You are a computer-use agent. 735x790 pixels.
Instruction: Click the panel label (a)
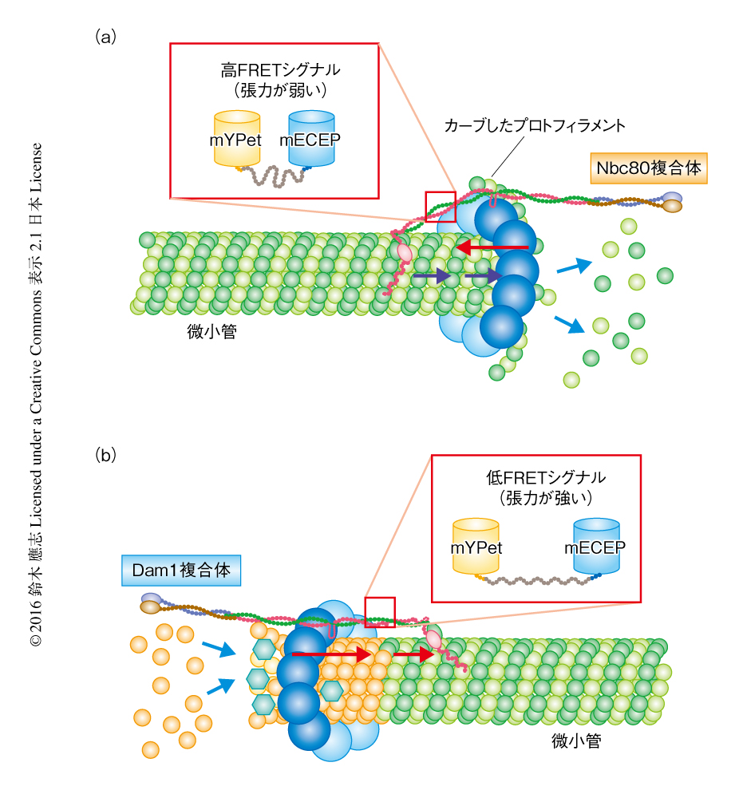[x=106, y=37]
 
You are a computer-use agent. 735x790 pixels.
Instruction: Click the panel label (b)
[x=106, y=456]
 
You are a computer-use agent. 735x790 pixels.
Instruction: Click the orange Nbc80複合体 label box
[x=649, y=168]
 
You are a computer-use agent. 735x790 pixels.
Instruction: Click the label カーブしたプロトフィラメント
[x=534, y=126]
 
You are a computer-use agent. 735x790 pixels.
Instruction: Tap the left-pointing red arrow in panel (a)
[x=492, y=247]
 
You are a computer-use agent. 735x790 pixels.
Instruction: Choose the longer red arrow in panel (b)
[x=332, y=655]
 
